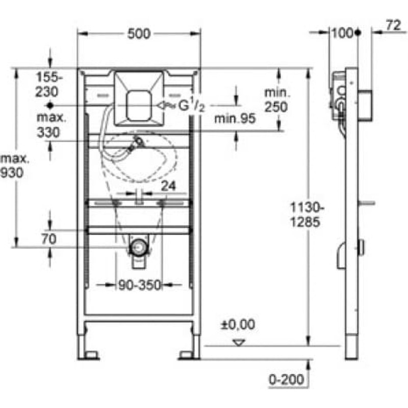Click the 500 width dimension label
[x=139, y=34]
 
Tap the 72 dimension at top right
[x=393, y=25]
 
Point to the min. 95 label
[x=235, y=119]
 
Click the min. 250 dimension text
[x=277, y=100]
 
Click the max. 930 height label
[x=14, y=166]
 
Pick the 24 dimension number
[x=168, y=186]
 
